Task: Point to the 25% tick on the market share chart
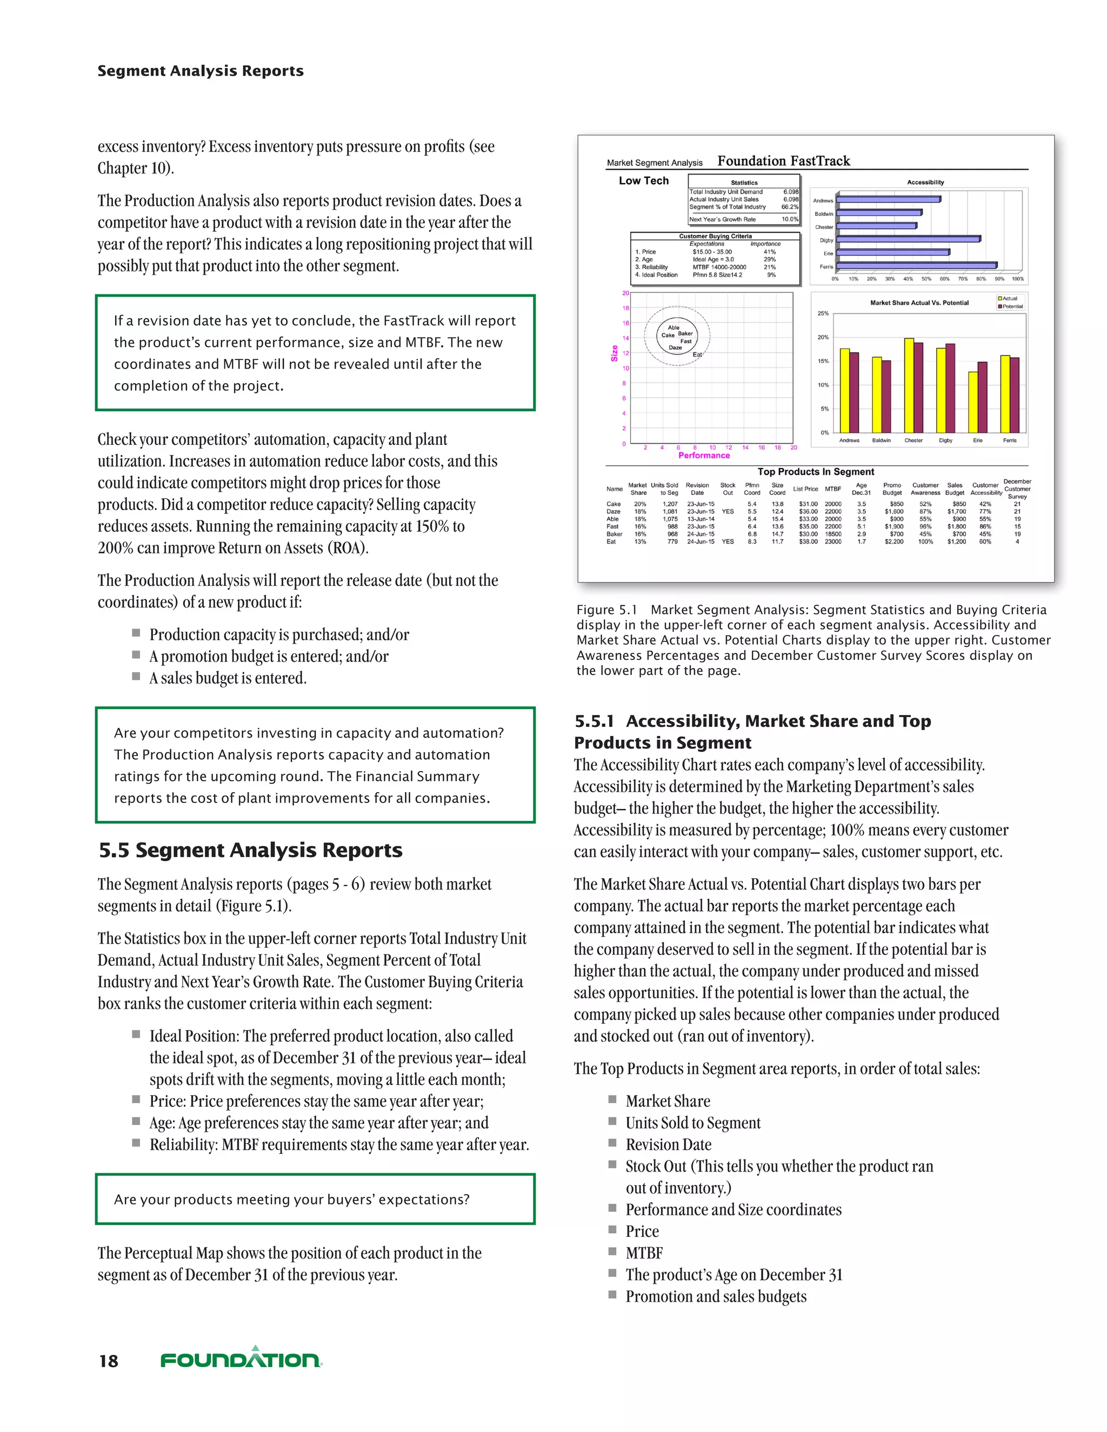coord(823,313)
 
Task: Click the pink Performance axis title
coord(704,455)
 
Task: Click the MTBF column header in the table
coord(833,489)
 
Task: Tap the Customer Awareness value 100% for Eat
coord(925,541)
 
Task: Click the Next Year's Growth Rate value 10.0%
coord(790,219)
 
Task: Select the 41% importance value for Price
coord(769,252)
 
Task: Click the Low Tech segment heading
coord(643,181)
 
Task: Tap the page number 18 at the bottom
coord(109,1361)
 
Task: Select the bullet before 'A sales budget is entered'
coord(136,676)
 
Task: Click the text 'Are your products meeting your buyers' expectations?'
coord(292,1199)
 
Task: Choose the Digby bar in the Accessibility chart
coord(908,239)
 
